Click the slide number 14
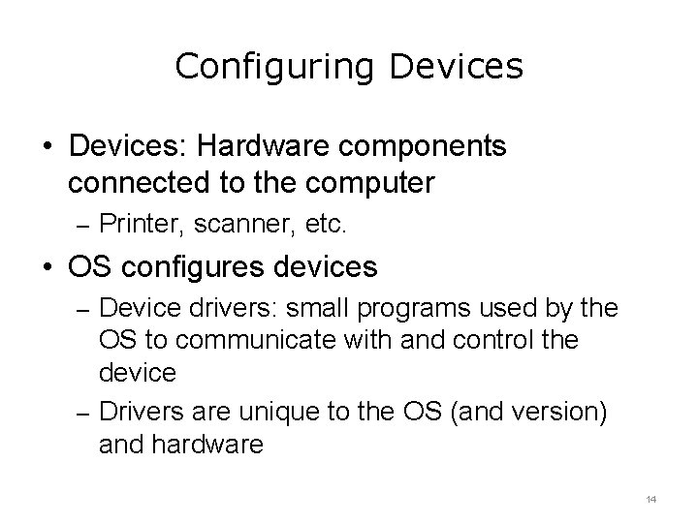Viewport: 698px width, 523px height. (x=650, y=499)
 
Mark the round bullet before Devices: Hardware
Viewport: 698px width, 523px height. (x=48, y=147)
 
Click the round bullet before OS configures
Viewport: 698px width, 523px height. (x=48, y=265)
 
